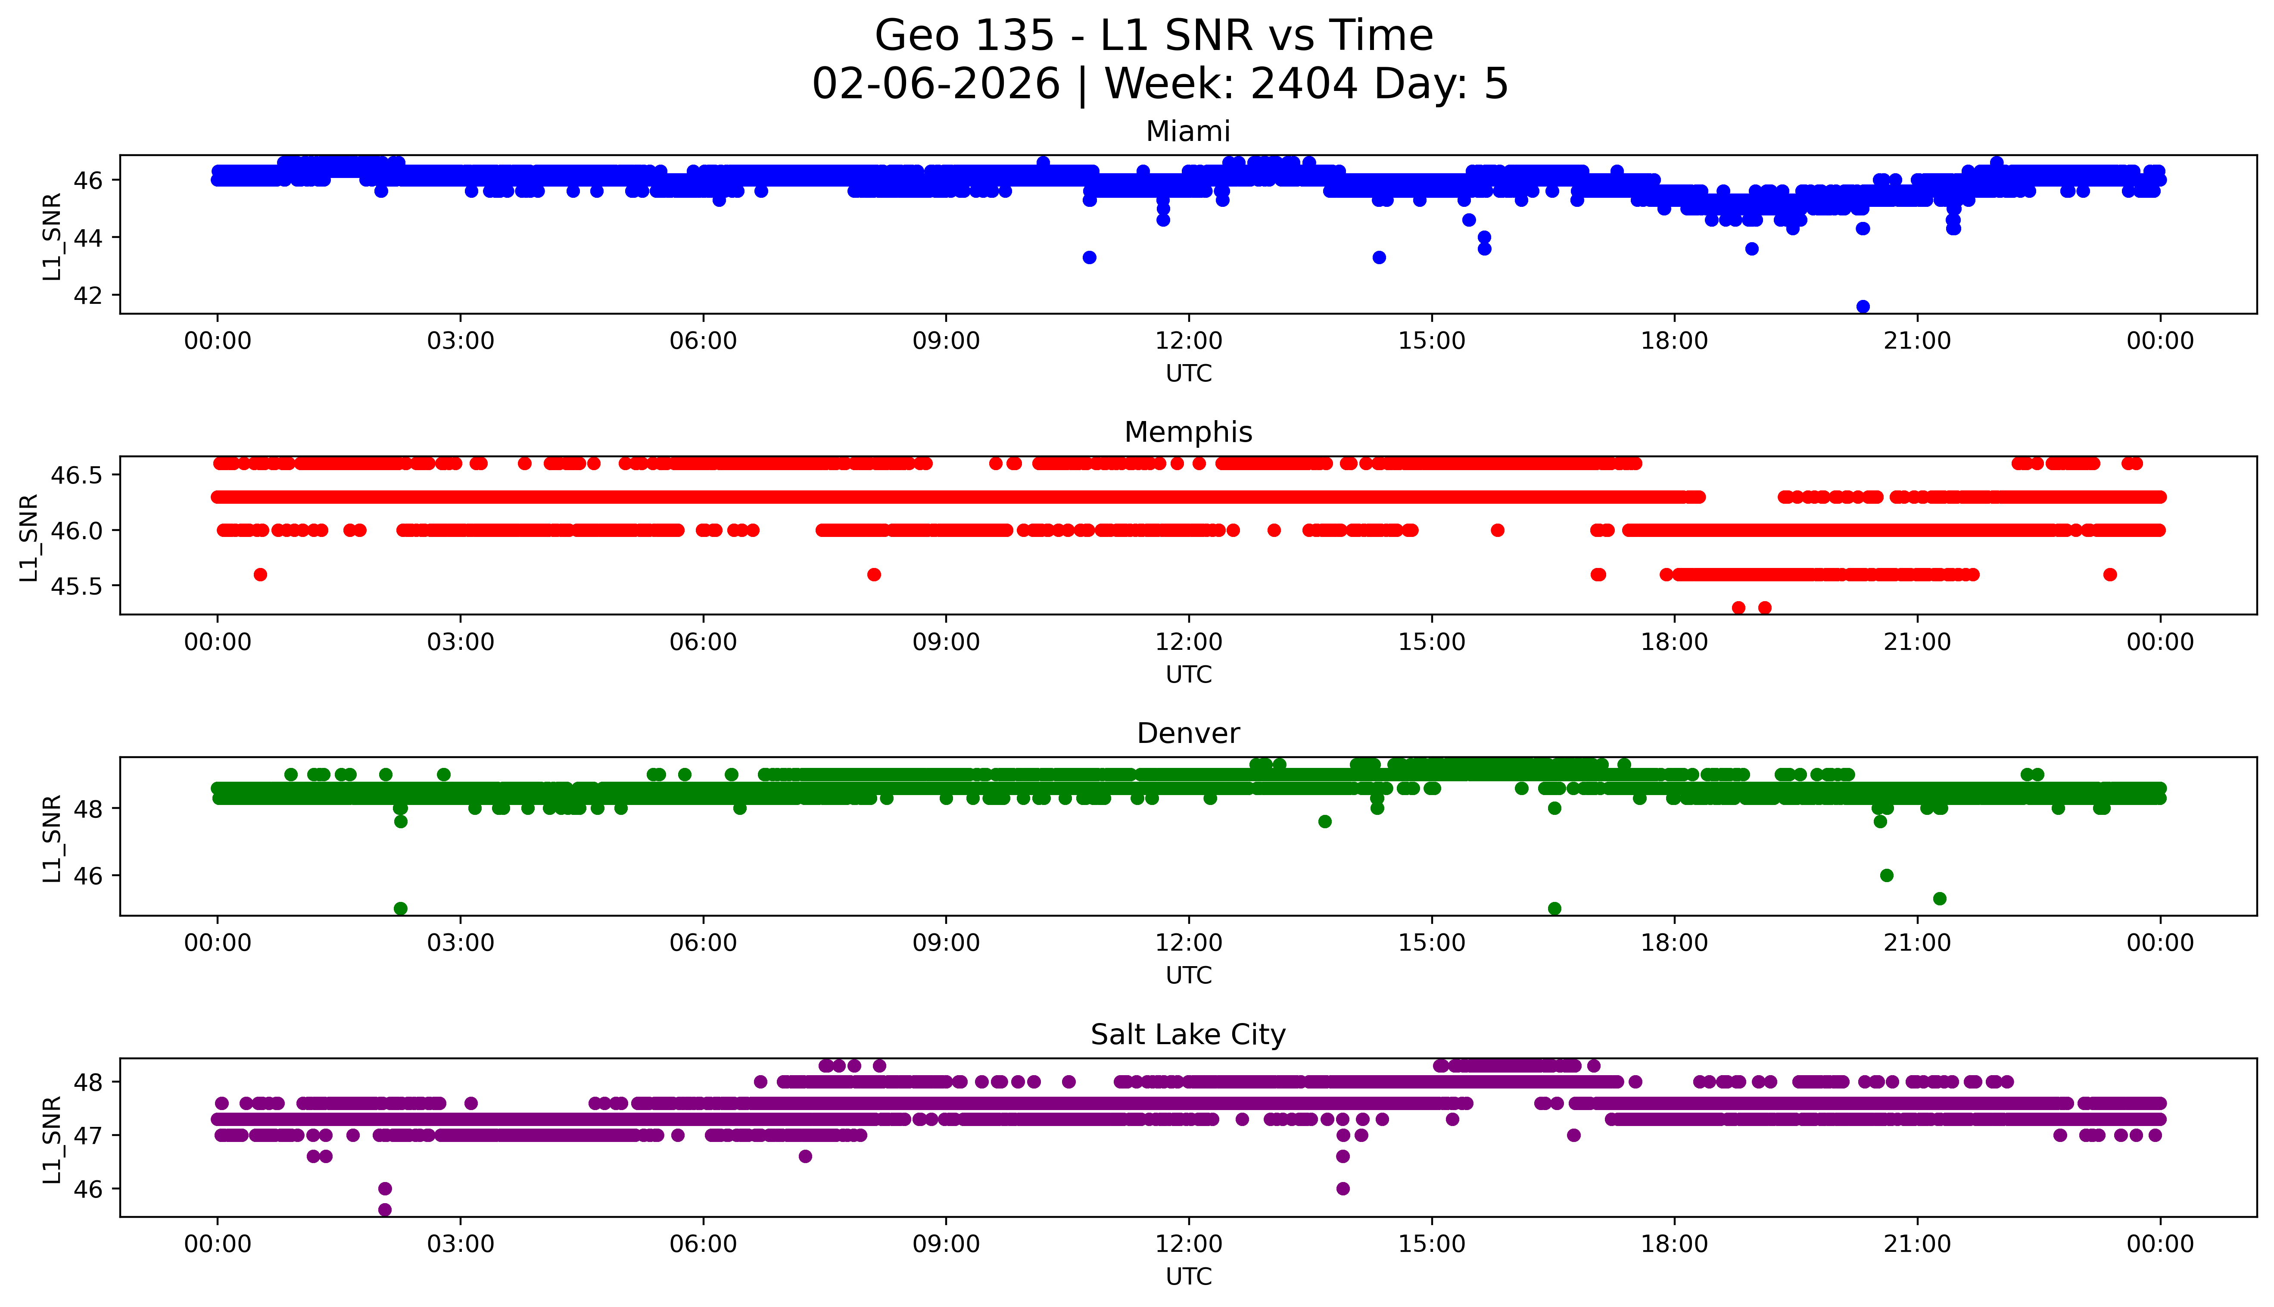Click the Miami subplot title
coord(1187,132)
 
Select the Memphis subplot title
coord(1187,433)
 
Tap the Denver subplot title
coord(1187,733)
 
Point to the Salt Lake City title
coord(1187,1035)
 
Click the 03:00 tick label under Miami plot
coord(461,341)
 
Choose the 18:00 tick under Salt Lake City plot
coord(1675,1244)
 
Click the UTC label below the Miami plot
coord(1188,374)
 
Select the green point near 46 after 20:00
coord(1886,875)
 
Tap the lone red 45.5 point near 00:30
coord(260,574)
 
